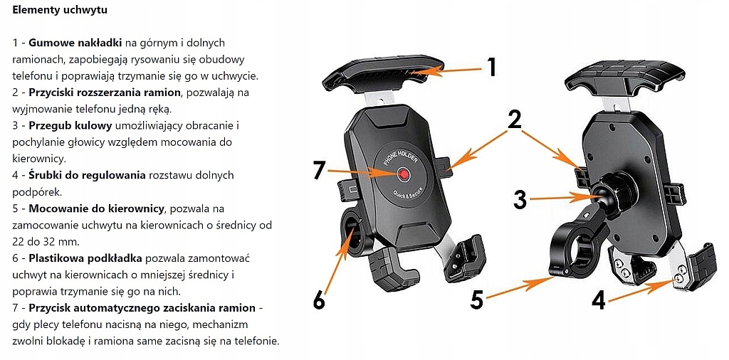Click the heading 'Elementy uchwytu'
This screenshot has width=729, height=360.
[x=61, y=12]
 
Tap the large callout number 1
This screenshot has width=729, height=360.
[x=491, y=67]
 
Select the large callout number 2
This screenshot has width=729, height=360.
[x=514, y=120]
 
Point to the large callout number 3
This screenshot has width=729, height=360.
[x=520, y=200]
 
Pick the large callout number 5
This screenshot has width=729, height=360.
[x=476, y=300]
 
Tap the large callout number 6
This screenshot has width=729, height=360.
[x=319, y=300]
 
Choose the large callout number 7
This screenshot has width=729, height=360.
[x=320, y=171]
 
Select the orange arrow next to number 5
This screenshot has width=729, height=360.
[x=524, y=288]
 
